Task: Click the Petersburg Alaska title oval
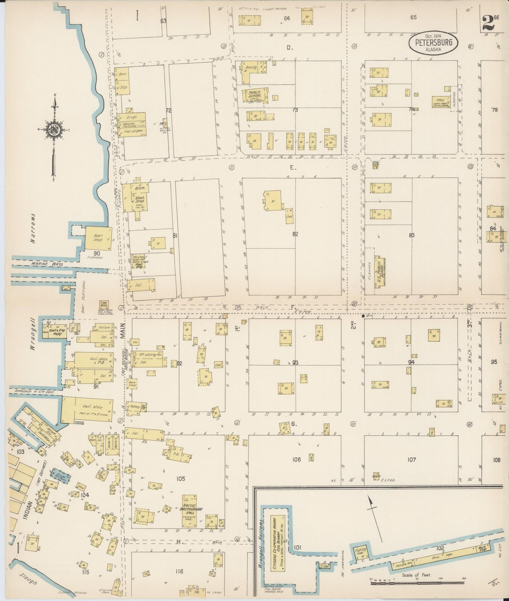(433, 43)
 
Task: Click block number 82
(295, 234)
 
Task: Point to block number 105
(180, 479)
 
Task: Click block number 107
(411, 460)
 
